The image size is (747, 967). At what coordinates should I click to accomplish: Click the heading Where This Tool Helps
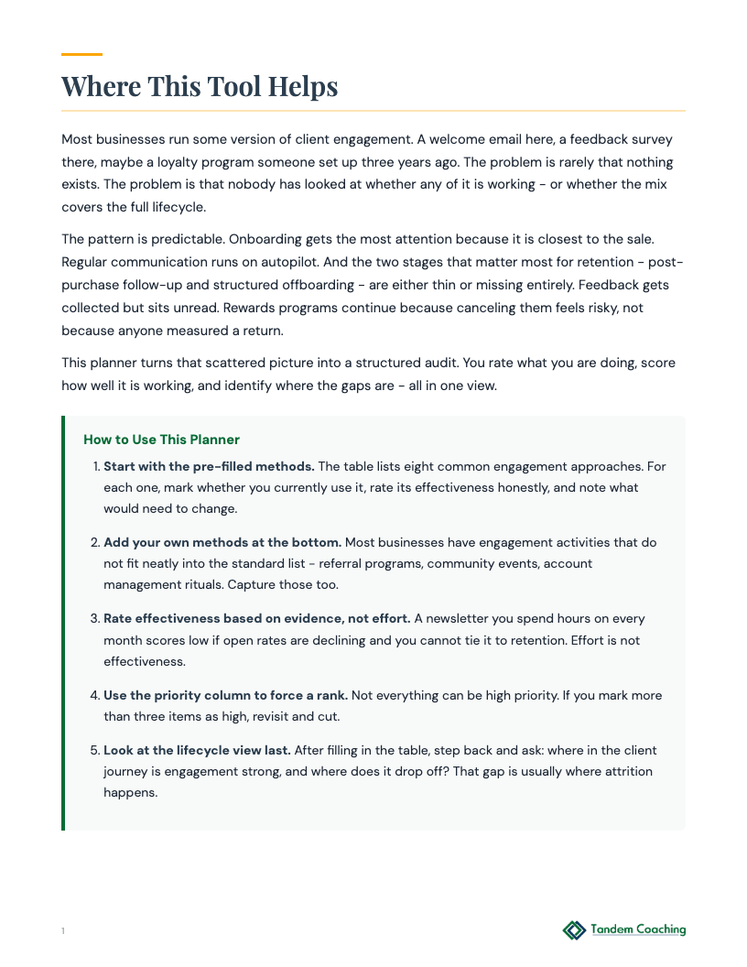click(x=200, y=86)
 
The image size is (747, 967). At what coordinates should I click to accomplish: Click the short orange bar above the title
click(x=81, y=55)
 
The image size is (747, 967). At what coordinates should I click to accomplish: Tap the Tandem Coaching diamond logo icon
click(x=574, y=930)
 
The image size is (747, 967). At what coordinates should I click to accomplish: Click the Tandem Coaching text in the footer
click(x=638, y=929)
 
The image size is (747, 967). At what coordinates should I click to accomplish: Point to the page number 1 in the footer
click(x=63, y=931)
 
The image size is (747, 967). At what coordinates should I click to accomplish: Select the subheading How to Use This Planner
click(x=161, y=440)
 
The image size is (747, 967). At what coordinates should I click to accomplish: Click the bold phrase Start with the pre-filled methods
click(x=209, y=466)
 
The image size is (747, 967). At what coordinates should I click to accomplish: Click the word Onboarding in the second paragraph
click(x=264, y=239)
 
